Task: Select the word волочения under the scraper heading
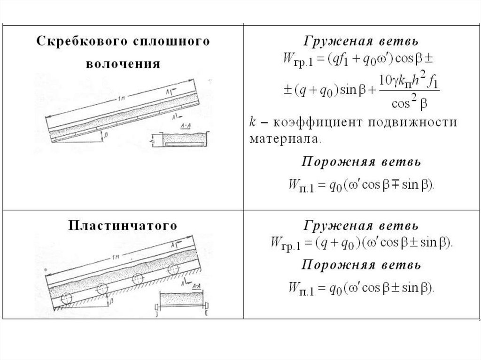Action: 123,63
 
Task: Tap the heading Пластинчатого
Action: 123,226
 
